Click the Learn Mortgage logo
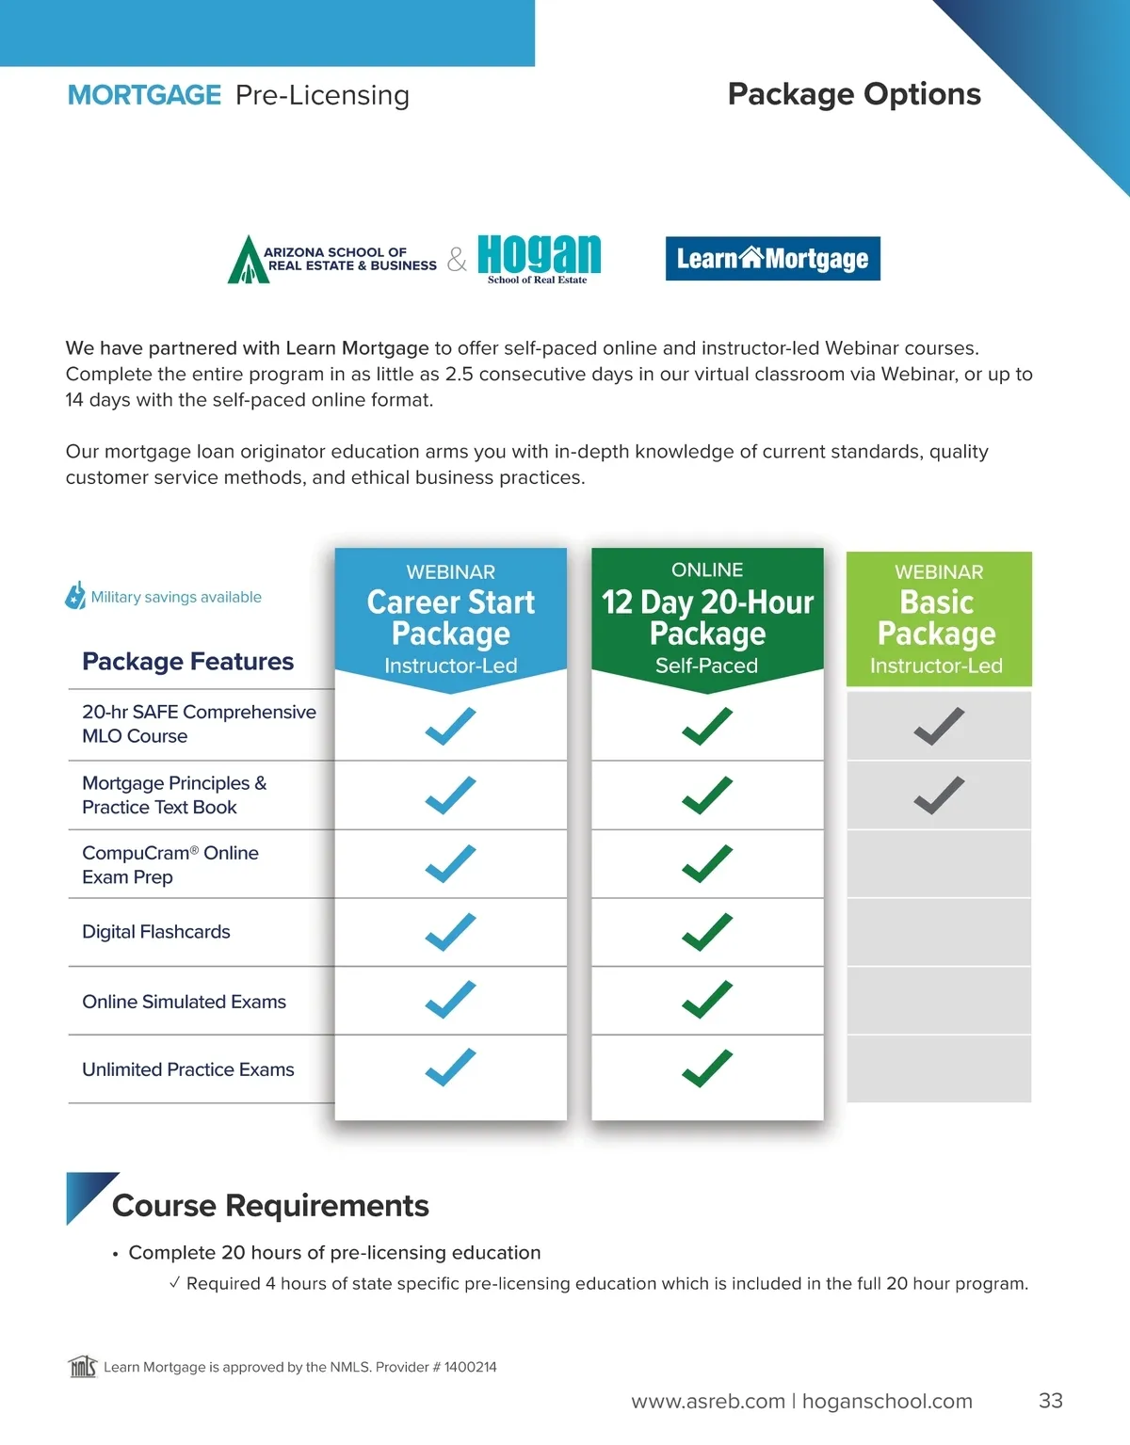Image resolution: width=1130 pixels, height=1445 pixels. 772,259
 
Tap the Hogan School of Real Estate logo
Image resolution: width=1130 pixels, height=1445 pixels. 539,258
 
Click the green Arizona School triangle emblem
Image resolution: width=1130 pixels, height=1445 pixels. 247,261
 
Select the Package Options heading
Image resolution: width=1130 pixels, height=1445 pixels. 854,94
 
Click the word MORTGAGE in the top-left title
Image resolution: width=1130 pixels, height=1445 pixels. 144,95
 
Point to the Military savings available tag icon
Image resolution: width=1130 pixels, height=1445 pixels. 75,595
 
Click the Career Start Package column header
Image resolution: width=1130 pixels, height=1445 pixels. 450,618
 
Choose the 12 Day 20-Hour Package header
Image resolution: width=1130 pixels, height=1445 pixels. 707,618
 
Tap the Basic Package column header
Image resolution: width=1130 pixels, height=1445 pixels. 938,618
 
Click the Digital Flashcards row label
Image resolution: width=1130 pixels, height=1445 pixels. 156,932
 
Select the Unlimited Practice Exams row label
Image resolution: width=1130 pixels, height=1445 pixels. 188,1069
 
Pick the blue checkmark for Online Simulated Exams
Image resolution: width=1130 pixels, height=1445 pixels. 450,1000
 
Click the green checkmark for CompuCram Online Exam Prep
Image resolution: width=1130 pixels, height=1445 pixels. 707,863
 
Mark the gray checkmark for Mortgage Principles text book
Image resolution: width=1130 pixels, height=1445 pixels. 939,795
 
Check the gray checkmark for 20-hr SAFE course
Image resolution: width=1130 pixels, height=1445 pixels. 939,726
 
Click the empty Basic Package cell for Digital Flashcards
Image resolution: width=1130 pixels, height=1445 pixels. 939,932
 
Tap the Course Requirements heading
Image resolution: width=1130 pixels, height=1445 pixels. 270,1206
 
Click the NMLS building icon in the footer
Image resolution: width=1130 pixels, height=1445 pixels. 83,1366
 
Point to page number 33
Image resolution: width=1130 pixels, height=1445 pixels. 1050,1401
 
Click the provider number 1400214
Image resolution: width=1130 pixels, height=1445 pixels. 471,1367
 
